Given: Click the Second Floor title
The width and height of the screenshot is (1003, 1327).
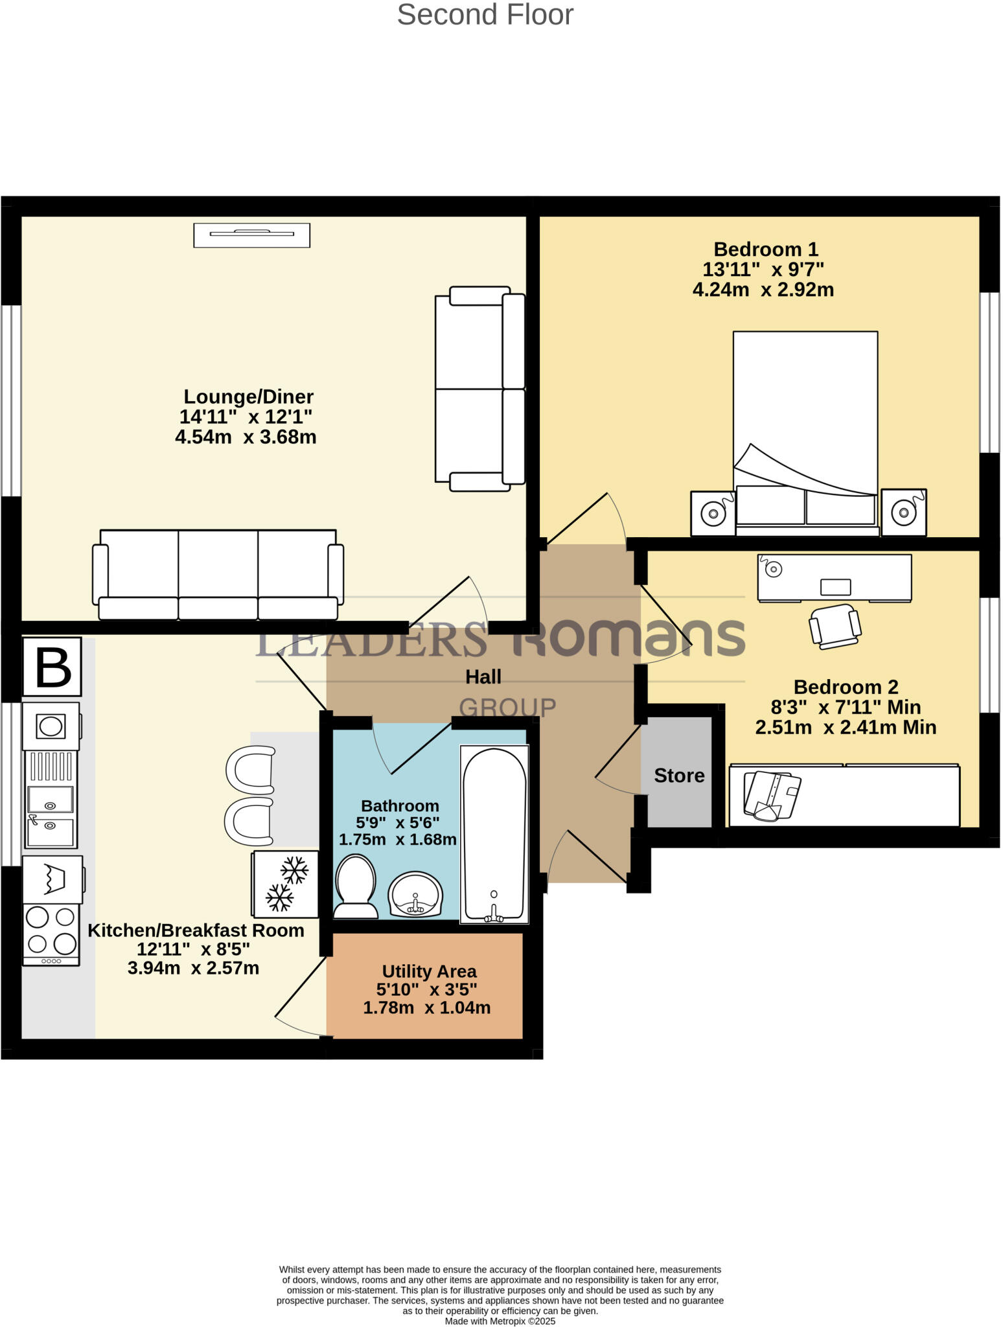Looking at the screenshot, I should [485, 15].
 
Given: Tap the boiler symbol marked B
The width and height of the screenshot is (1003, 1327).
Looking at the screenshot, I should [52, 667].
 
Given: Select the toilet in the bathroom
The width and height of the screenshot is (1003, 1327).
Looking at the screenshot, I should [355, 886].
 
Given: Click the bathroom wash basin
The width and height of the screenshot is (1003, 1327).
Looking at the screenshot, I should [415, 894].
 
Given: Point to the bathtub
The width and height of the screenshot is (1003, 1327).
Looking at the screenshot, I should [494, 834].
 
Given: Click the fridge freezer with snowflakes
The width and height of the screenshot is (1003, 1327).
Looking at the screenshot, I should [286, 884].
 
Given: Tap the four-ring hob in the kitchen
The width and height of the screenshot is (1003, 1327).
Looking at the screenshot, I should [51, 930].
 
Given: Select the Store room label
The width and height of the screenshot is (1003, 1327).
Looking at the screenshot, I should [678, 776].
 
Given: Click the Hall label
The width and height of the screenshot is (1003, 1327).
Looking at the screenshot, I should [483, 677].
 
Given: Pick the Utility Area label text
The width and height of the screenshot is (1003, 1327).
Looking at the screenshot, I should [429, 971].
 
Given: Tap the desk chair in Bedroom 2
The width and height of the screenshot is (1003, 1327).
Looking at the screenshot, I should [835, 626].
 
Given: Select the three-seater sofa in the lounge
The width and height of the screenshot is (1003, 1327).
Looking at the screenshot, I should [218, 574].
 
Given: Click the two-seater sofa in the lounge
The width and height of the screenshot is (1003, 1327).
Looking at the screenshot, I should [479, 389].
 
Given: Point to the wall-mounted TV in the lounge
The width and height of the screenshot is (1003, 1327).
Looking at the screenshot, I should [251, 235].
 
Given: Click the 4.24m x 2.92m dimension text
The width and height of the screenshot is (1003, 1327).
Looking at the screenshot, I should [763, 290].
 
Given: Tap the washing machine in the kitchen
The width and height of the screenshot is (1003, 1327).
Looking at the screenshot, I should [52, 879].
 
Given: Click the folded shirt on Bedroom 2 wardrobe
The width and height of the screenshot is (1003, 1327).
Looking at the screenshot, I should [772, 795].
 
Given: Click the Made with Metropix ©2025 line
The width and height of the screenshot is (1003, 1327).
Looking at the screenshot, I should [500, 1321].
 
